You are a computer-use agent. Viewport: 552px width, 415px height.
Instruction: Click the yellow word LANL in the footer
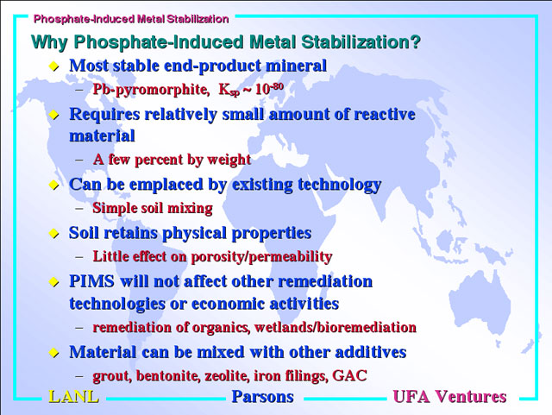73,397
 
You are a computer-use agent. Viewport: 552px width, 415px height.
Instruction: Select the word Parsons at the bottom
262,397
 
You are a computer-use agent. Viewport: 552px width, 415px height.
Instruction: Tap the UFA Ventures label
449,397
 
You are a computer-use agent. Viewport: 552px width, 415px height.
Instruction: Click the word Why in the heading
49,42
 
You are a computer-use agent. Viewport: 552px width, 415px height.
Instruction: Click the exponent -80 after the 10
277,86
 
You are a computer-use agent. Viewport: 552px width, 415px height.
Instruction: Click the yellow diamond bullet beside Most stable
53,66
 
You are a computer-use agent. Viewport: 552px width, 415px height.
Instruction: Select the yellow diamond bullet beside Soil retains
53,233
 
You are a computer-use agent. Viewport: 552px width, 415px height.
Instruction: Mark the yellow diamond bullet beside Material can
53,352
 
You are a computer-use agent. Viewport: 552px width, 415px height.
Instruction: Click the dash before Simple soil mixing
79,208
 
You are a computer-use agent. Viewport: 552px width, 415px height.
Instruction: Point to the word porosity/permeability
261,257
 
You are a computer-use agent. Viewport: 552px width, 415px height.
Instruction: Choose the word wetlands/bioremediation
336,327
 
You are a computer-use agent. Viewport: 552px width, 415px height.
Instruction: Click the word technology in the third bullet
339,185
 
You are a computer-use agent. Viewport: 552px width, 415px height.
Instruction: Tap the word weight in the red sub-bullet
229,160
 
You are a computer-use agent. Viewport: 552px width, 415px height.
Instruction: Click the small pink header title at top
131,19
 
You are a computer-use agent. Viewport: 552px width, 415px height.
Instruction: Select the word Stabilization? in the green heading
361,42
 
